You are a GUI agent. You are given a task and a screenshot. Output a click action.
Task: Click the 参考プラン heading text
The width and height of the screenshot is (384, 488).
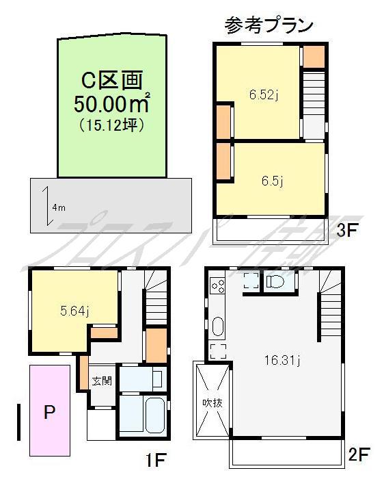(x=269, y=25)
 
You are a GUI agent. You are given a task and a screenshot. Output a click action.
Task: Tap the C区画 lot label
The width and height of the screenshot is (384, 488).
(x=111, y=81)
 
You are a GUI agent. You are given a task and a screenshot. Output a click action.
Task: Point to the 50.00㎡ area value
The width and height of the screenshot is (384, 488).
(x=111, y=105)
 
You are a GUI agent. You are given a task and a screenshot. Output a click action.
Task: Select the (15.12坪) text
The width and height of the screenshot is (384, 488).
(x=111, y=125)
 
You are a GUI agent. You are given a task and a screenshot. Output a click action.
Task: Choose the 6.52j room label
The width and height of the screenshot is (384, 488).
(x=263, y=95)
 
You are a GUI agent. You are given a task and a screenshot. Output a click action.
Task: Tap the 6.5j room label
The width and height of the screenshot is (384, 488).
(x=272, y=181)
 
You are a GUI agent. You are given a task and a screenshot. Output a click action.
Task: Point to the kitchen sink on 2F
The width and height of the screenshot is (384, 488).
(x=218, y=326)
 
